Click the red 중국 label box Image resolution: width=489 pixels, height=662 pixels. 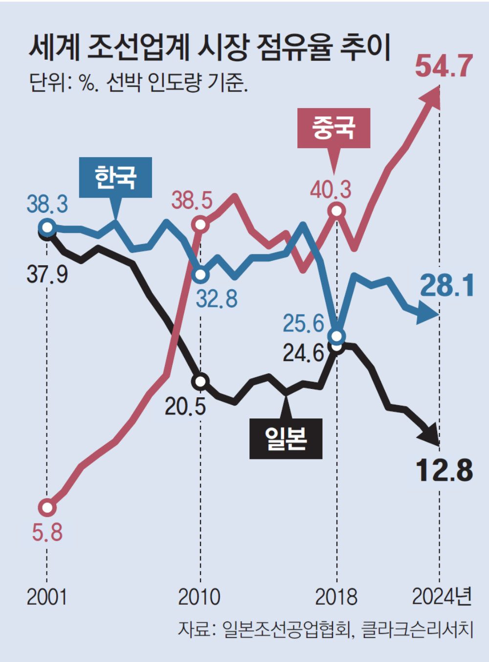333,128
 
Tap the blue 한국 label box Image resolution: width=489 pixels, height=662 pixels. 115,177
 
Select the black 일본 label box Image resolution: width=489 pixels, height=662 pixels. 286,438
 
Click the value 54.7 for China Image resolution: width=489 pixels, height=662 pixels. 444,66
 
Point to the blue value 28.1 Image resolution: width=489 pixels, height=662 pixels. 447,286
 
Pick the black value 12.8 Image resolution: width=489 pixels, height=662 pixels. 444,470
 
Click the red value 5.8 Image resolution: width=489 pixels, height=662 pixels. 47,531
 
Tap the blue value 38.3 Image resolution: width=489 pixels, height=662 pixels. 47,204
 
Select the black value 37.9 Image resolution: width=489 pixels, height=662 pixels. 47,274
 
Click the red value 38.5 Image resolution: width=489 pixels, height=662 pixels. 192,201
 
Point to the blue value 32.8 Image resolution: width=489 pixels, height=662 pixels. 217,298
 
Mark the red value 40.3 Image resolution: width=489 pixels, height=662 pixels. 331,190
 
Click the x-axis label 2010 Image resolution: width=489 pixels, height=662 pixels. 200,597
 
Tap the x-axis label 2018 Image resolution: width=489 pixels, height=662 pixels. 336,597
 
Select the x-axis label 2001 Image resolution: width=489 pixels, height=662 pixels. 47,597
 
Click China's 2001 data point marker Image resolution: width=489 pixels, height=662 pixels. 47,507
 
